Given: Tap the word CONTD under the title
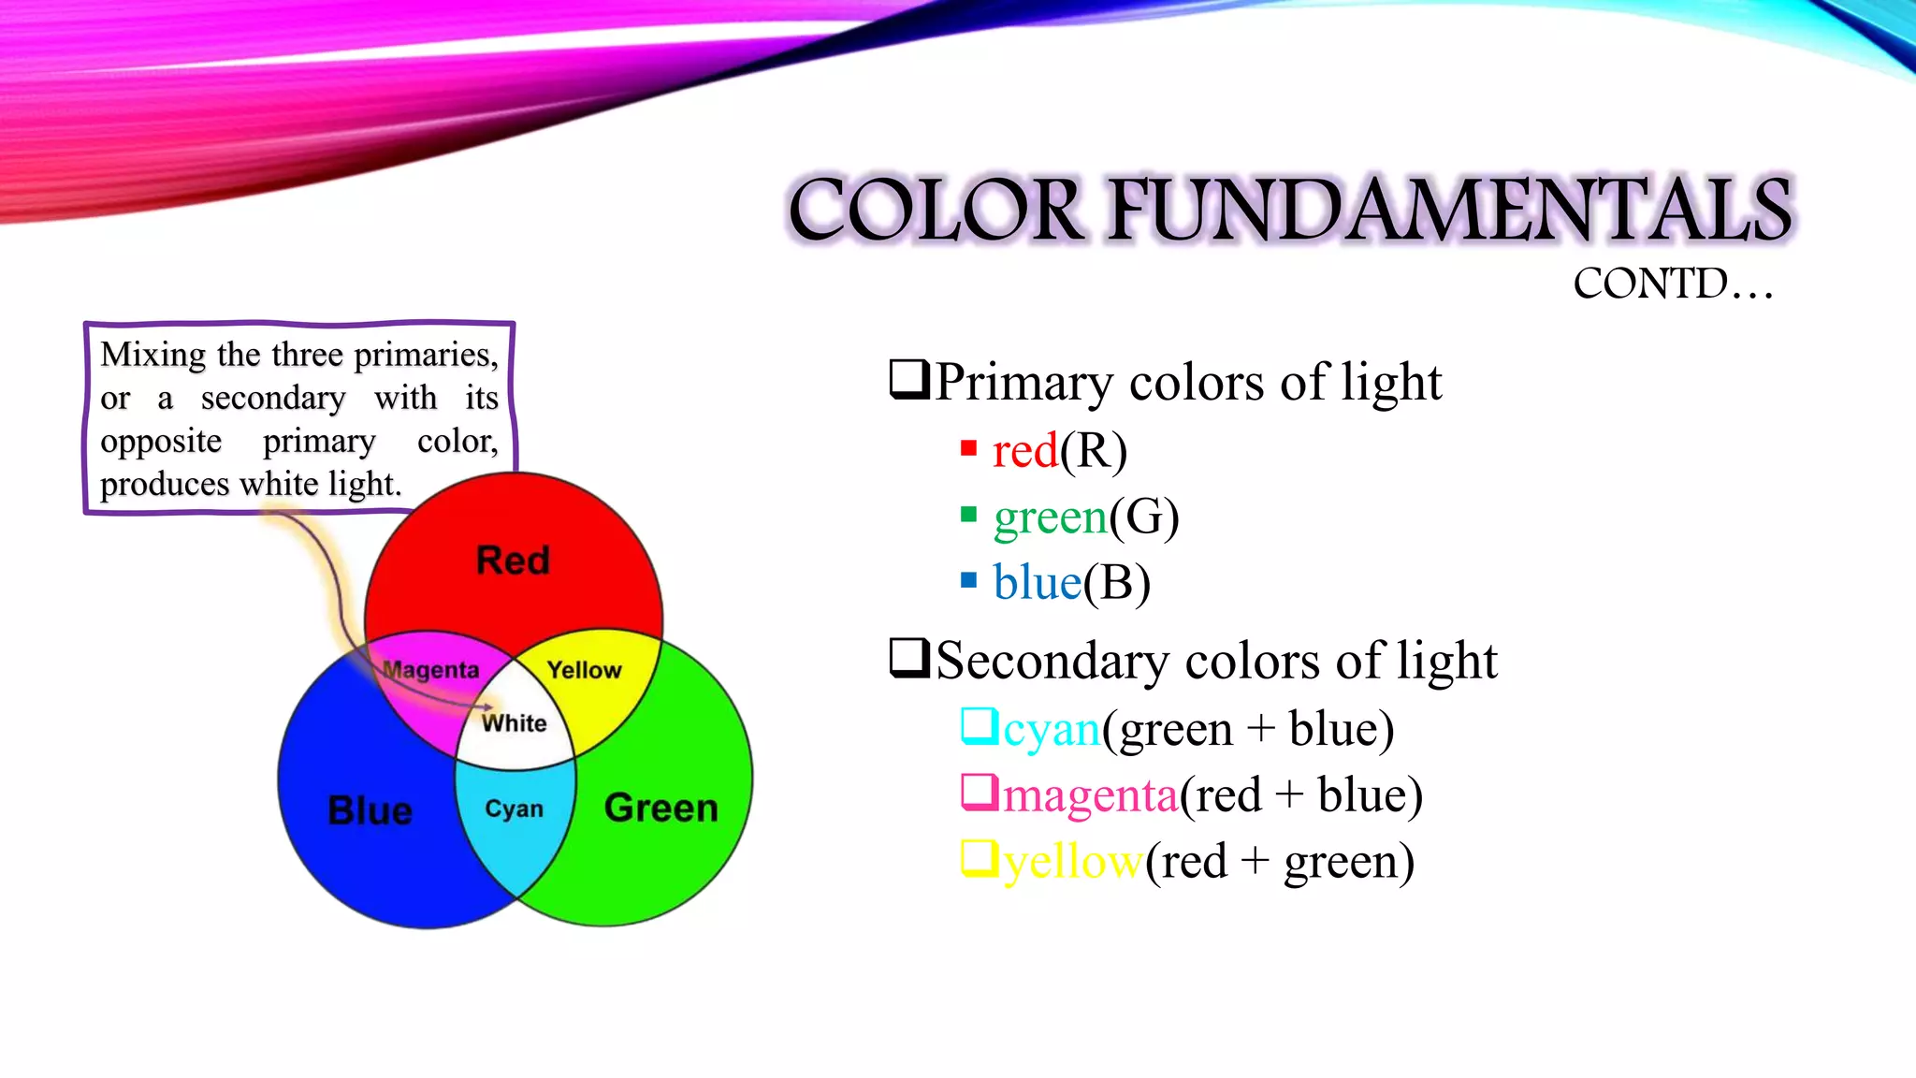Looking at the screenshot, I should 1650,284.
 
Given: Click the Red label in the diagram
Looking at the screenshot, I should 513,561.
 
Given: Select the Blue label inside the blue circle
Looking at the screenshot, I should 370,810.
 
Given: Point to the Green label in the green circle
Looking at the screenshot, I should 661,808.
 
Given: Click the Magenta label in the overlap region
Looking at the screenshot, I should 431,670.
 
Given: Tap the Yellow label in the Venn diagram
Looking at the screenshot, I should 585,670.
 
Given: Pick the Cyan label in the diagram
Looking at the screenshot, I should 514,808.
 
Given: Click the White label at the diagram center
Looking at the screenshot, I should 515,723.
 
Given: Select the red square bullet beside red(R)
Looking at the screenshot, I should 968,448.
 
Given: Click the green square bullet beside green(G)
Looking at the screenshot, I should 968,515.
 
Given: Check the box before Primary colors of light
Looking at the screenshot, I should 909,379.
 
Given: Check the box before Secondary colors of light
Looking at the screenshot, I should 909,657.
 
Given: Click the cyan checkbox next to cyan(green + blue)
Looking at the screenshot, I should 980,726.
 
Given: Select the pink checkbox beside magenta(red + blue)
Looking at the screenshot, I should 980,793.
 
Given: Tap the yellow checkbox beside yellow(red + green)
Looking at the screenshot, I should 980,859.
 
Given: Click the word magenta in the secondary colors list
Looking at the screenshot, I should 1090,796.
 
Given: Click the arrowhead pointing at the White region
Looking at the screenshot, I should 488,707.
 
